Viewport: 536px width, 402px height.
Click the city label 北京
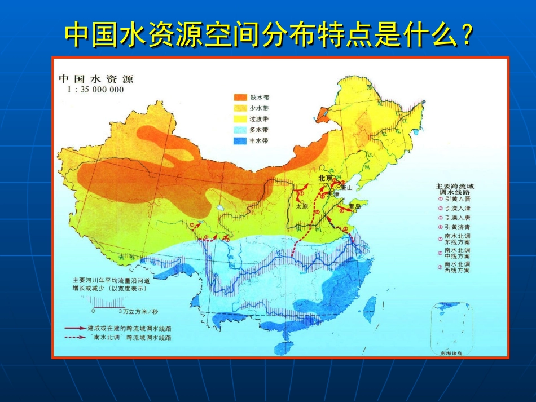coord(325,178)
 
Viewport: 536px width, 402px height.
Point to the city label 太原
coord(303,206)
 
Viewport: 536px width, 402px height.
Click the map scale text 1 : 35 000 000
coord(95,90)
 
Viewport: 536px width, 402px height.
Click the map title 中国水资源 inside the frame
coord(96,78)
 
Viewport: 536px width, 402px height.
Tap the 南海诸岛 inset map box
coord(451,330)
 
